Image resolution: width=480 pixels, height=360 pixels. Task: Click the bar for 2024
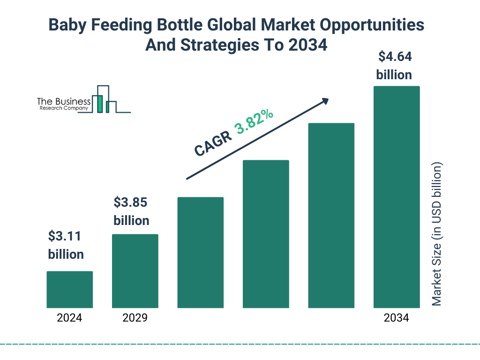point(69,290)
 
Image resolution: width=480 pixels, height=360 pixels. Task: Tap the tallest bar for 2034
point(396,197)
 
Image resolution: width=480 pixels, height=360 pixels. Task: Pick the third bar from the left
point(200,253)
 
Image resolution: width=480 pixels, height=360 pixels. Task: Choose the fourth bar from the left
point(266,234)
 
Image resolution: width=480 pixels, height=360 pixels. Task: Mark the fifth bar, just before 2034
point(331,216)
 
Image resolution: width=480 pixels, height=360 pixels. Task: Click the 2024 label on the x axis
point(69,318)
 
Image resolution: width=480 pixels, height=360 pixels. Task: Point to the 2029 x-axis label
point(135,318)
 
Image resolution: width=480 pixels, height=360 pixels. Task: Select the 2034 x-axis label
point(396,318)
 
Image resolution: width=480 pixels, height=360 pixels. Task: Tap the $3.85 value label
point(131,202)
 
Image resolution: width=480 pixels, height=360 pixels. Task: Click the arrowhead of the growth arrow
point(324,101)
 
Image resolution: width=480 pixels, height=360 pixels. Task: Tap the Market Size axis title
point(437,234)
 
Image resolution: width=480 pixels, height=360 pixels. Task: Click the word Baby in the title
point(67,25)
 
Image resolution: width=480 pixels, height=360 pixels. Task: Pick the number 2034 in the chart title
point(307,45)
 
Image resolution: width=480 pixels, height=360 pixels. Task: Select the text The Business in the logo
point(64,101)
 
